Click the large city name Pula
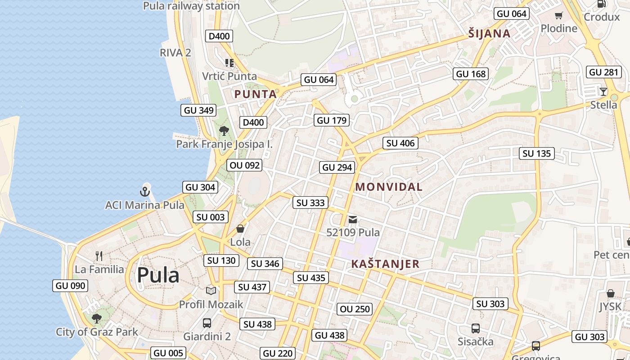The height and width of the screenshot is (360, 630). pyautogui.click(x=158, y=275)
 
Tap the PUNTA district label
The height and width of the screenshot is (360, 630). pyautogui.click(x=256, y=94)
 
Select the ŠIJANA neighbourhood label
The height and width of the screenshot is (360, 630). pyautogui.click(x=489, y=33)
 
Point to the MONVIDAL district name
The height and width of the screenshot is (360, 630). pyautogui.click(x=389, y=187)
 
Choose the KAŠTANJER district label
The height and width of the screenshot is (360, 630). pyautogui.click(x=385, y=264)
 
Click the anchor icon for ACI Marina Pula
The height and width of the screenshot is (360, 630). pyautogui.click(x=144, y=192)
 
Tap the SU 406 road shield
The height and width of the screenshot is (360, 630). pyautogui.click(x=400, y=143)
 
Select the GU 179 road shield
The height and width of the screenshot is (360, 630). pyautogui.click(x=332, y=120)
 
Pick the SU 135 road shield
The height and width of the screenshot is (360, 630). pyautogui.click(x=537, y=153)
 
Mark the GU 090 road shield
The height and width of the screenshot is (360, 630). pyautogui.click(x=70, y=286)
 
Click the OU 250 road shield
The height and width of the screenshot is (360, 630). pyautogui.click(x=355, y=309)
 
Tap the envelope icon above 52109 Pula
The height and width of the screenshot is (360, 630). pyautogui.click(x=353, y=220)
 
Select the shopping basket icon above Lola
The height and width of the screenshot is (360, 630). pyautogui.click(x=240, y=229)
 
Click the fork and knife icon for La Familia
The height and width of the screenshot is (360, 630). pyautogui.click(x=99, y=256)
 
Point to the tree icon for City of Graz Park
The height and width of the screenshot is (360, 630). pyautogui.click(x=96, y=319)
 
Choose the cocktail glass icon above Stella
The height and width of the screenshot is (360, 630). pyautogui.click(x=603, y=92)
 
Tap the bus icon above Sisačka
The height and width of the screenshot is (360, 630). pyautogui.click(x=476, y=328)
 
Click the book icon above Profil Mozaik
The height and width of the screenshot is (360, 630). pyautogui.click(x=211, y=291)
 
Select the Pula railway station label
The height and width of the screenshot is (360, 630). pyautogui.click(x=191, y=6)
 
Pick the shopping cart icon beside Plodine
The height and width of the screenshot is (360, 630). pyautogui.click(x=559, y=16)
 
